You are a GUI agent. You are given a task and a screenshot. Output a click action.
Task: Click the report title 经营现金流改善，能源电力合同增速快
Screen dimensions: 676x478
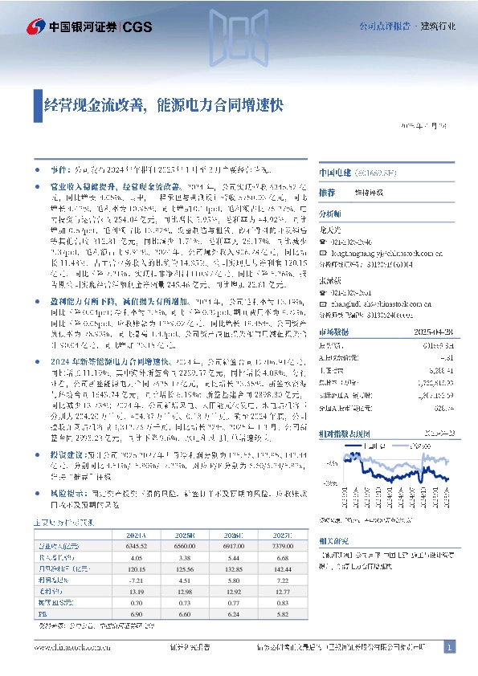(x=163, y=104)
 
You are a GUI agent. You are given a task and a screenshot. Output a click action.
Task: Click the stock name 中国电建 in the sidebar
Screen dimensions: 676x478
(x=333, y=173)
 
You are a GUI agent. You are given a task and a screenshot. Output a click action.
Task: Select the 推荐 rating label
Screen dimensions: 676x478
(x=326, y=193)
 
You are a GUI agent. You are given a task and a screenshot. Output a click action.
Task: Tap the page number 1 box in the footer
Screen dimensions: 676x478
(x=450, y=647)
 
